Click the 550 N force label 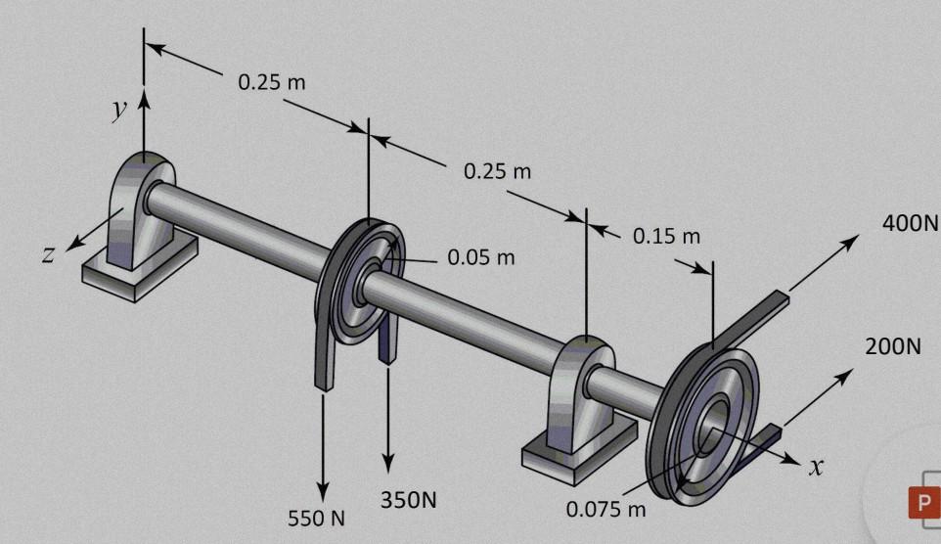(316, 518)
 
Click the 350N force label (408, 499)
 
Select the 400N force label (910, 223)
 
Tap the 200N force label (892, 346)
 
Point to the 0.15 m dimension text (666, 236)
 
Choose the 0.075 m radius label (606, 509)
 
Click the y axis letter (119, 108)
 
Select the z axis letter (47, 254)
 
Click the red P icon (921, 503)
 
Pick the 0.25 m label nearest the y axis (272, 82)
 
